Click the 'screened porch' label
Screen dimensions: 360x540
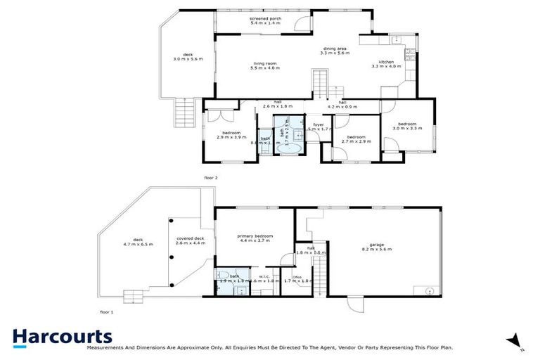(265, 19)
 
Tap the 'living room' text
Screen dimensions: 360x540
(265, 63)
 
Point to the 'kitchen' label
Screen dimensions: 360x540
(386, 63)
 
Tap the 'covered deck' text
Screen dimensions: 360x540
(190, 238)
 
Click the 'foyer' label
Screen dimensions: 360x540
(318, 124)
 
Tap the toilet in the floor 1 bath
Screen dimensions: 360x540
(221, 276)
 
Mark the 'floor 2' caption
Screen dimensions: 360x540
(211, 179)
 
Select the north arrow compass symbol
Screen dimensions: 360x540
(516, 341)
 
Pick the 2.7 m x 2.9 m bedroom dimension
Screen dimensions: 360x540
(355, 141)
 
